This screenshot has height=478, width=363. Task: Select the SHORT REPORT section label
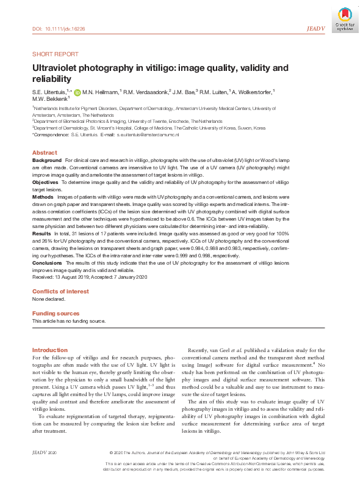tap(54, 54)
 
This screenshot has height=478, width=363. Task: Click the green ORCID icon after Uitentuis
tap(77, 92)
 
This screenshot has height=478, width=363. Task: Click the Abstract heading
tap(45, 153)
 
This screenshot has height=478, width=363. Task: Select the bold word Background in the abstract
tap(47, 160)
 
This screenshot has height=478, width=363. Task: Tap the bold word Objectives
tap(45, 182)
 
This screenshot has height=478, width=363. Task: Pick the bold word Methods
tap(43, 197)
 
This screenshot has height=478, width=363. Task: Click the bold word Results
tap(41, 233)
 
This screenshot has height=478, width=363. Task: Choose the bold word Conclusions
tap(47, 262)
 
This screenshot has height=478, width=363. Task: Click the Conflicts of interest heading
tap(60, 292)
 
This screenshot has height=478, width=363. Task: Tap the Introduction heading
tap(49, 350)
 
